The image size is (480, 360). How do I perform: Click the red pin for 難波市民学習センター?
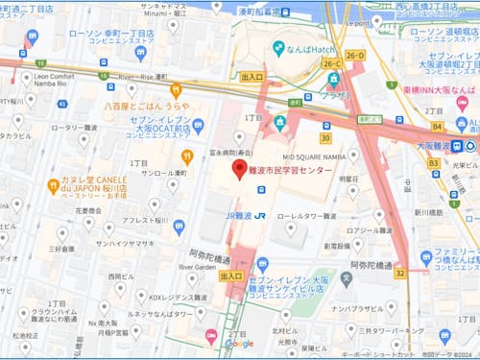(x=240, y=169)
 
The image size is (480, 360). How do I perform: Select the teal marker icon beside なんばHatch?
(x=277, y=47)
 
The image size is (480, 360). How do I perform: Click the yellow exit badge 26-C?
(x=332, y=63)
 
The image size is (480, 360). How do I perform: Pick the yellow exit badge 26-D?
(x=356, y=56)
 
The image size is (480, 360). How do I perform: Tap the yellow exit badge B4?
(x=438, y=126)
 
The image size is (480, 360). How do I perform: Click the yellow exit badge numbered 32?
(x=399, y=273)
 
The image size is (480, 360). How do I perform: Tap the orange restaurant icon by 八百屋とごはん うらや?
(x=176, y=89)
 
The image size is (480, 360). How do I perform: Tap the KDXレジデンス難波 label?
(x=166, y=298)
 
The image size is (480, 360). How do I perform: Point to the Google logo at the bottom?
(x=239, y=344)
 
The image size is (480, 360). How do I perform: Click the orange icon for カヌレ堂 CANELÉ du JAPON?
(x=53, y=184)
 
